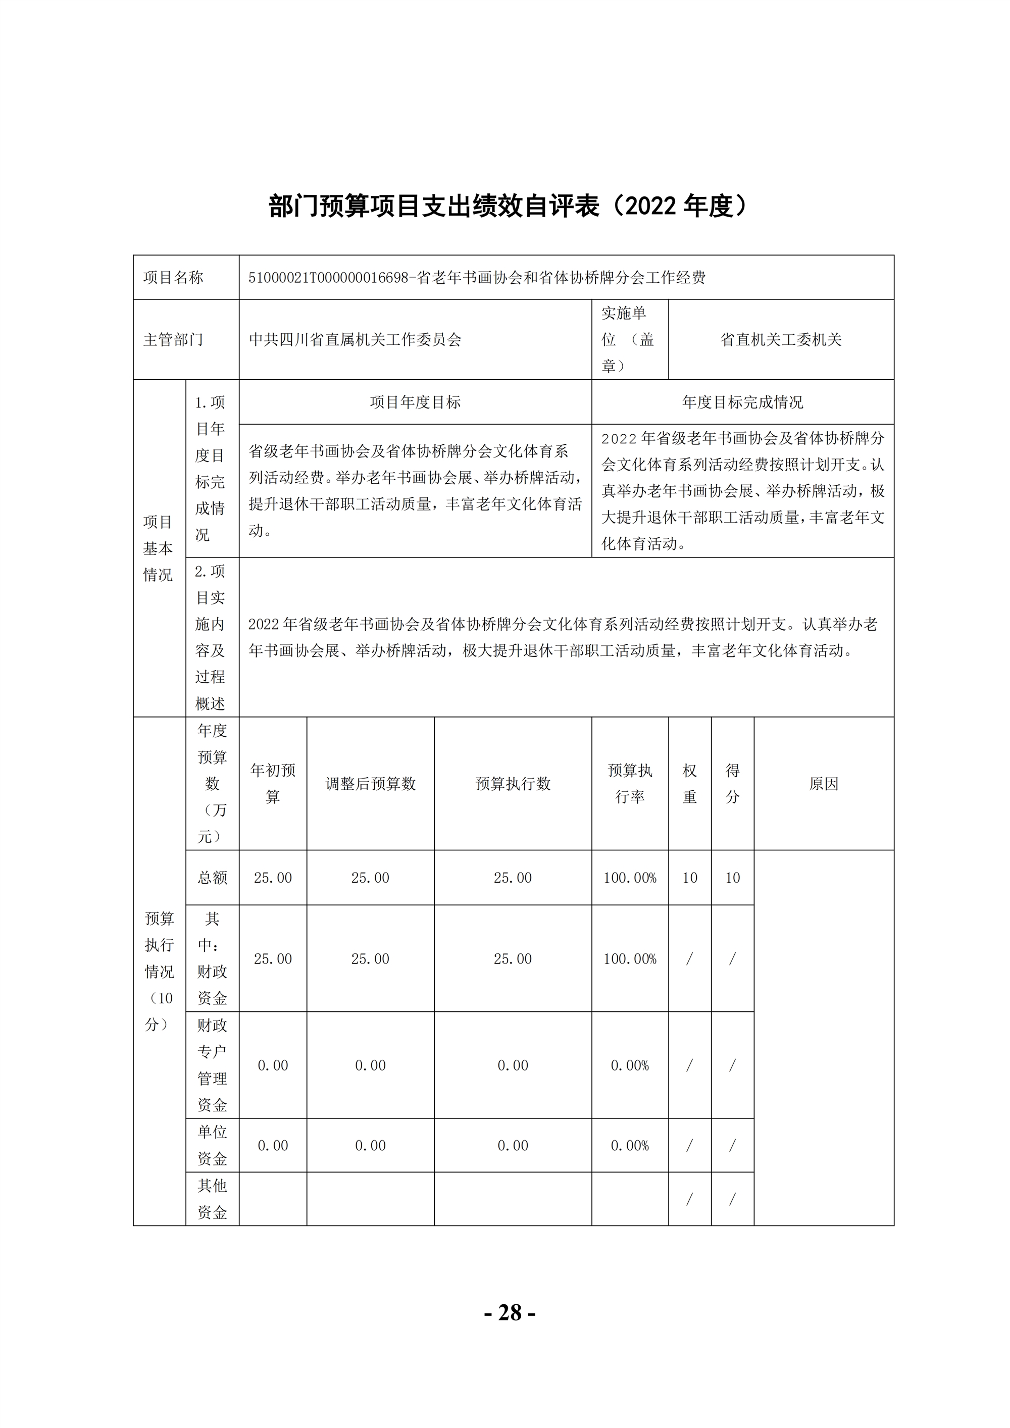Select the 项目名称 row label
[x=174, y=277]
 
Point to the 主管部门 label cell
[x=174, y=340]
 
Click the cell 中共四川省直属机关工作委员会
[x=355, y=340]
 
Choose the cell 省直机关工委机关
[x=781, y=340]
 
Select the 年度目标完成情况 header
[x=742, y=402]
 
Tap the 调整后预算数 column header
[x=370, y=784]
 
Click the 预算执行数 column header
[x=513, y=784]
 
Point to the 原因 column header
[x=824, y=784]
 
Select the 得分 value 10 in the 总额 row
[x=732, y=878]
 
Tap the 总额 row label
[x=212, y=878]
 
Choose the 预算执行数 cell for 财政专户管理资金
[x=513, y=1065]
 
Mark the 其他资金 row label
[x=212, y=1199]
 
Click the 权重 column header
[x=690, y=784]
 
